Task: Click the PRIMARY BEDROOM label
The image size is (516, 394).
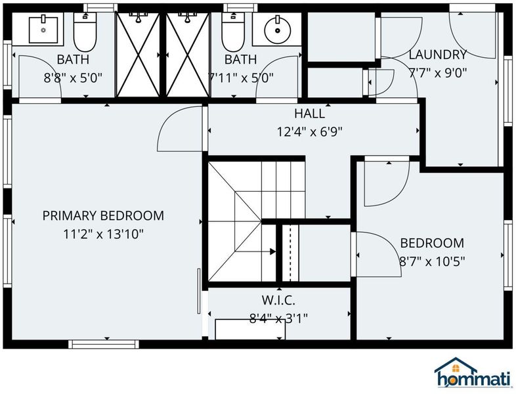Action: click(103, 215)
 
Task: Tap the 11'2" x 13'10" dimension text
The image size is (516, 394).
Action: click(103, 234)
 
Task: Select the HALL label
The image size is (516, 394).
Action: click(309, 114)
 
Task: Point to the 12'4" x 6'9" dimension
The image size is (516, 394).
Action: click(309, 132)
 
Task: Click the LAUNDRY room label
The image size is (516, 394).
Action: click(438, 55)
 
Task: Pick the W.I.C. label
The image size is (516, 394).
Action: click(278, 300)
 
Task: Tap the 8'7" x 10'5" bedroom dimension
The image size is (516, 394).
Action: click(432, 261)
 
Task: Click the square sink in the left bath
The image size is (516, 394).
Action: click(43, 30)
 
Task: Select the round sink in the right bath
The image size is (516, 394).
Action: click(278, 30)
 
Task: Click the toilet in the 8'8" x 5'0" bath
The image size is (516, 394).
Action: click(85, 32)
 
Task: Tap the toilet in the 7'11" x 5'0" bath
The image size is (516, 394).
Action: click(233, 32)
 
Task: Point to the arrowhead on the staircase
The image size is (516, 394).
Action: click(273, 252)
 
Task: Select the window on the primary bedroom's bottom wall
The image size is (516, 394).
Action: click(104, 344)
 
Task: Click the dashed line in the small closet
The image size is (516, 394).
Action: click(290, 253)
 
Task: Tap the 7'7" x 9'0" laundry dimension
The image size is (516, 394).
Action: click(438, 73)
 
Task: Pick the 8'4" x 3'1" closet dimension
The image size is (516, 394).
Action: click(278, 318)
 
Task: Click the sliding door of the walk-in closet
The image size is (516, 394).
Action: click(199, 291)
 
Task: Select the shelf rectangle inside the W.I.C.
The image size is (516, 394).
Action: click(250, 329)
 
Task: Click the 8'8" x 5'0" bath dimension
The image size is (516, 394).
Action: click(73, 78)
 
